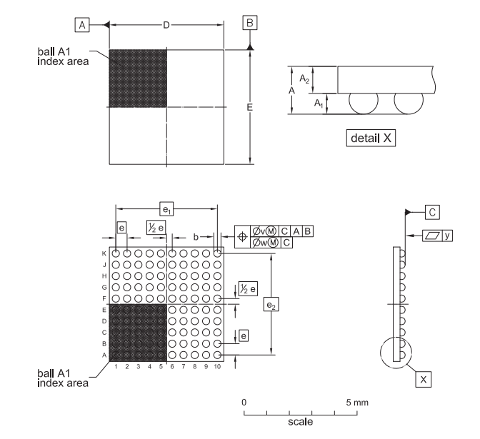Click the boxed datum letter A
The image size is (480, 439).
click(82, 25)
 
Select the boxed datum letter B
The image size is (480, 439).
click(250, 23)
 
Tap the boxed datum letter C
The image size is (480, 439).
click(432, 212)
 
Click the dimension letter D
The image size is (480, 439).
click(166, 25)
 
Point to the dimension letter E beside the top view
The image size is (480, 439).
click(250, 107)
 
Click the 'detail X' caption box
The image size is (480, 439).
click(371, 138)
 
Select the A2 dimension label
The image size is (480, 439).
click(304, 79)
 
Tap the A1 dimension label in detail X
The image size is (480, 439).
click(319, 104)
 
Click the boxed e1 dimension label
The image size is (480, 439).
click(166, 209)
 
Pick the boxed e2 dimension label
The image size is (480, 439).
click(271, 304)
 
